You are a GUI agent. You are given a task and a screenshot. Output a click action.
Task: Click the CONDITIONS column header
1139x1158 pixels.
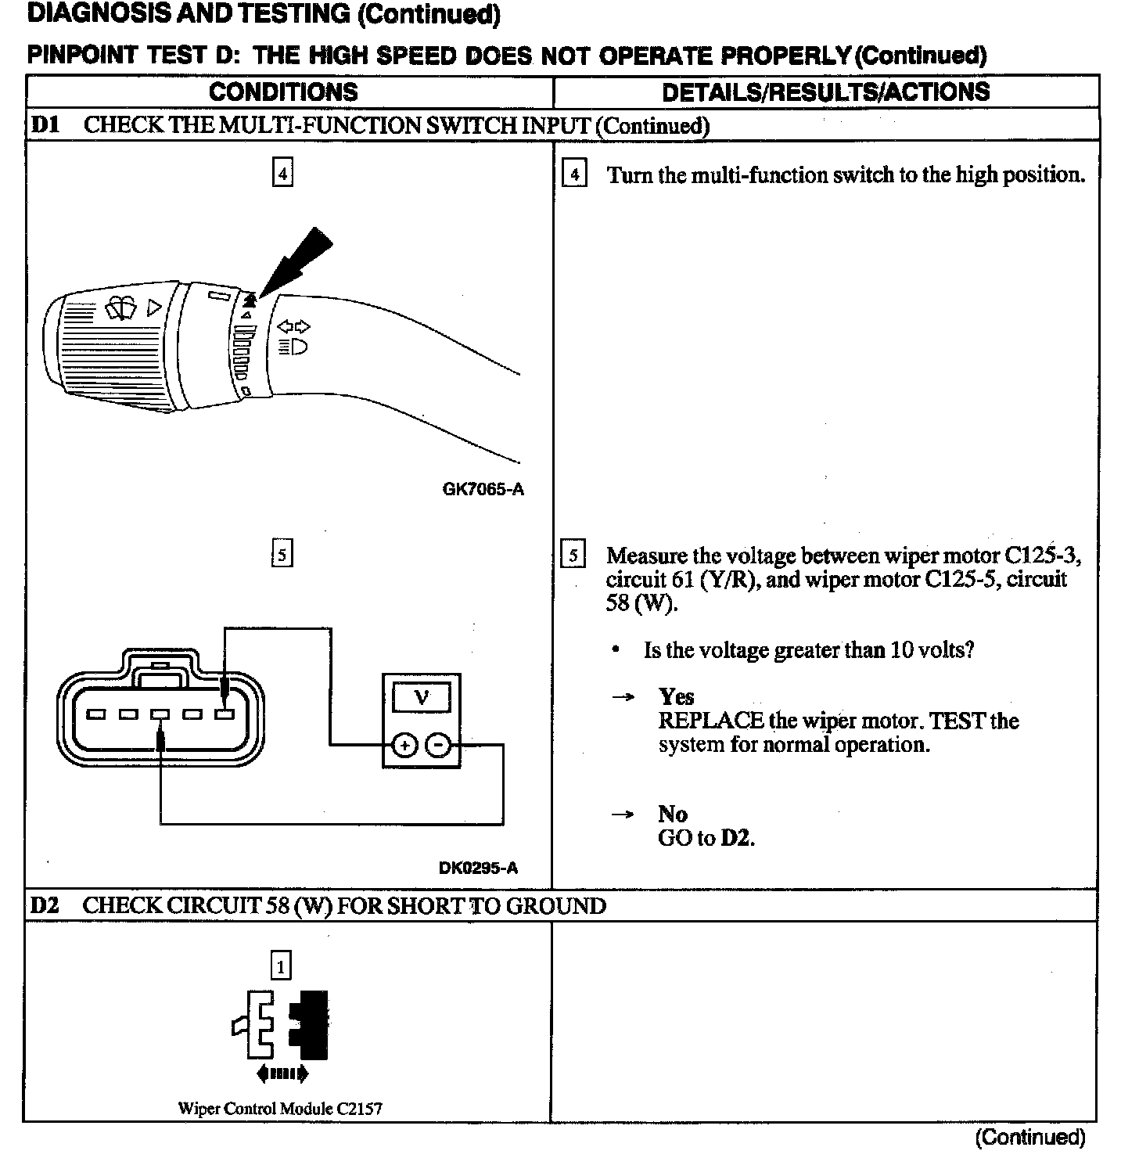pyautogui.click(x=283, y=92)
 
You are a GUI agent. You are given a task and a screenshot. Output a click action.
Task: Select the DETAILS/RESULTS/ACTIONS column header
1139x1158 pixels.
pyautogui.click(x=825, y=92)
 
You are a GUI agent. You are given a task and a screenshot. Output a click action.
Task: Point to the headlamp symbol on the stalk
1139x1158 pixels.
pyautogui.click(x=295, y=345)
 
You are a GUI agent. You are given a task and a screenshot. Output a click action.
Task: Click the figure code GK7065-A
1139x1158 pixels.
pyautogui.click(x=483, y=490)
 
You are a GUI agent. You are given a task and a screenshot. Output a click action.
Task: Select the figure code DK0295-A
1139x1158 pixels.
pyautogui.click(x=478, y=867)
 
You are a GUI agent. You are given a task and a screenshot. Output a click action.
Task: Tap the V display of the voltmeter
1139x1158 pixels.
pyautogui.click(x=421, y=696)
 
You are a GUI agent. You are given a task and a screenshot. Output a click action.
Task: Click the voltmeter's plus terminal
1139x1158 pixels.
pyautogui.click(x=404, y=746)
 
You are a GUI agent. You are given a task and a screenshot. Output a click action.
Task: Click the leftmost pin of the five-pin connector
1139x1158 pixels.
pyautogui.click(x=97, y=714)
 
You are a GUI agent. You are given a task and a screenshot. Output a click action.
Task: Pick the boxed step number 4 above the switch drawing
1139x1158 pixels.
pyautogui.click(x=282, y=172)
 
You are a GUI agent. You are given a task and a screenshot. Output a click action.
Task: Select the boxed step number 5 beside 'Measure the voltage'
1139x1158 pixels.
pyautogui.click(x=573, y=556)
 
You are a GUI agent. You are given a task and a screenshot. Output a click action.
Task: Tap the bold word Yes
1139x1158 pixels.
pyautogui.click(x=676, y=696)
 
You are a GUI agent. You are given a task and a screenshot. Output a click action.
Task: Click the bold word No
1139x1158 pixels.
pyautogui.click(x=672, y=814)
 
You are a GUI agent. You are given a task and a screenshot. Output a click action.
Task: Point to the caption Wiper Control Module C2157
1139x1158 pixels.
pyautogui.click(x=280, y=1108)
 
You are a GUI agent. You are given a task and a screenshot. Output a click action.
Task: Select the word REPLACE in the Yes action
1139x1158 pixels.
pyautogui.click(x=710, y=721)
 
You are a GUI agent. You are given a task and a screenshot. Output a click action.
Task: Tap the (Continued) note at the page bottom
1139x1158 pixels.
pyautogui.click(x=1030, y=1137)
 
